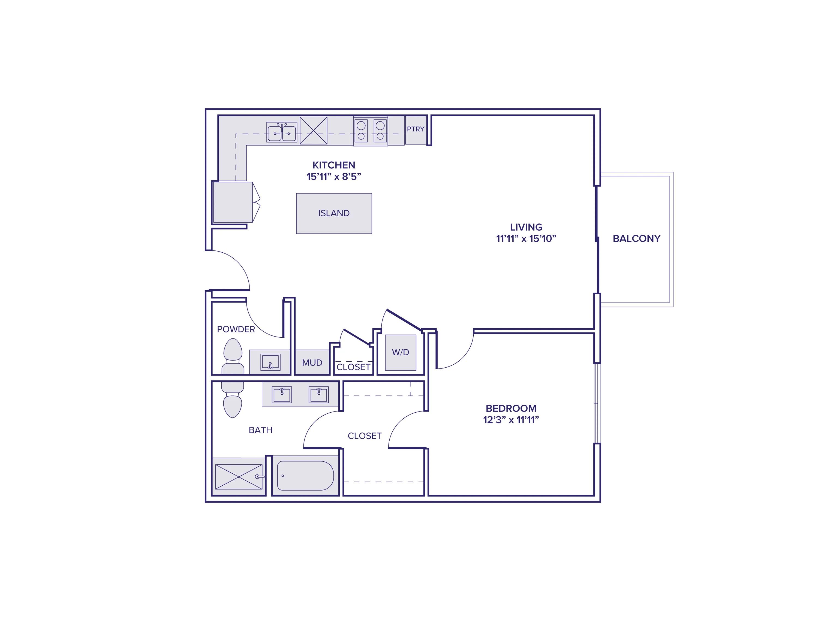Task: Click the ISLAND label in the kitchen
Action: point(334,213)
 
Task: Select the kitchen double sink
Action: point(282,132)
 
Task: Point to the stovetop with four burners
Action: point(371,131)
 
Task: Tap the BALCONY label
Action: point(636,238)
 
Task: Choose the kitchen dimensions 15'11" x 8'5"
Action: point(334,177)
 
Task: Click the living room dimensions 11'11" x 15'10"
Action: point(526,238)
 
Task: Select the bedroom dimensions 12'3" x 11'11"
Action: point(511,420)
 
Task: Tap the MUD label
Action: point(312,362)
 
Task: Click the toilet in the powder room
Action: point(233,356)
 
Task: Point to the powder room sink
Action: point(270,362)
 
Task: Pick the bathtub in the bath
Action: point(305,476)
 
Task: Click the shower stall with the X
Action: point(239,477)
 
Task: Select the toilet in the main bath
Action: point(233,401)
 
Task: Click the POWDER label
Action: point(236,329)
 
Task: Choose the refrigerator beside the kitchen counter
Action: point(233,202)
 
